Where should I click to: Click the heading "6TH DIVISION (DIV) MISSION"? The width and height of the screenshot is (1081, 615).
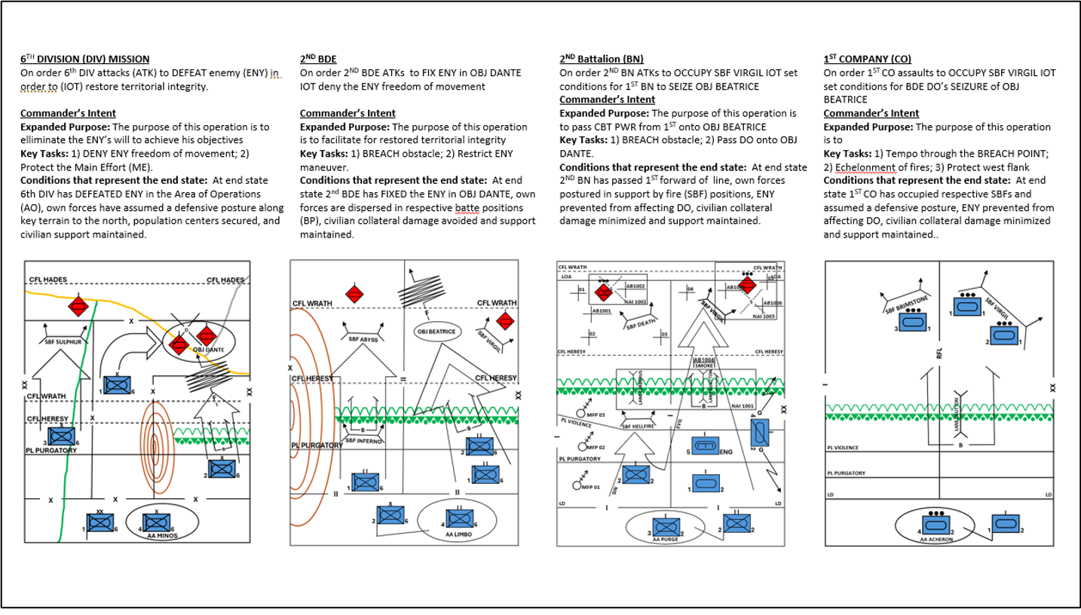[x=84, y=59]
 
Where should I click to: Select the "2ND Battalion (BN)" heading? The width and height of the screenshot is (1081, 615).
[x=602, y=59]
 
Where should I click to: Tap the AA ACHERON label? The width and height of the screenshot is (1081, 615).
[x=936, y=539]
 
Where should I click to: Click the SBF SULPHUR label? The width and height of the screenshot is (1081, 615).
[x=63, y=341]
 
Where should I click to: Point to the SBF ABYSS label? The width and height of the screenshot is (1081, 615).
[x=365, y=339]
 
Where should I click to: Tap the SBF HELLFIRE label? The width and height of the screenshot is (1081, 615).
[x=636, y=427]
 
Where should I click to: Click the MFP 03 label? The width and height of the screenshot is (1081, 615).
[x=595, y=415]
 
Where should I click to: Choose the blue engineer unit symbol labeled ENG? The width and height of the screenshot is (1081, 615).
[x=705, y=446]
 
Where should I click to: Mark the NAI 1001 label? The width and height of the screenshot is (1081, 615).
[x=743, y=406]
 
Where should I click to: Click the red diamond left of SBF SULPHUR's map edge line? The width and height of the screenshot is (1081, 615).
[x=77, y=306]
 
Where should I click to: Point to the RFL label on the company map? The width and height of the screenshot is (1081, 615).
[x=939, y=352]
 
